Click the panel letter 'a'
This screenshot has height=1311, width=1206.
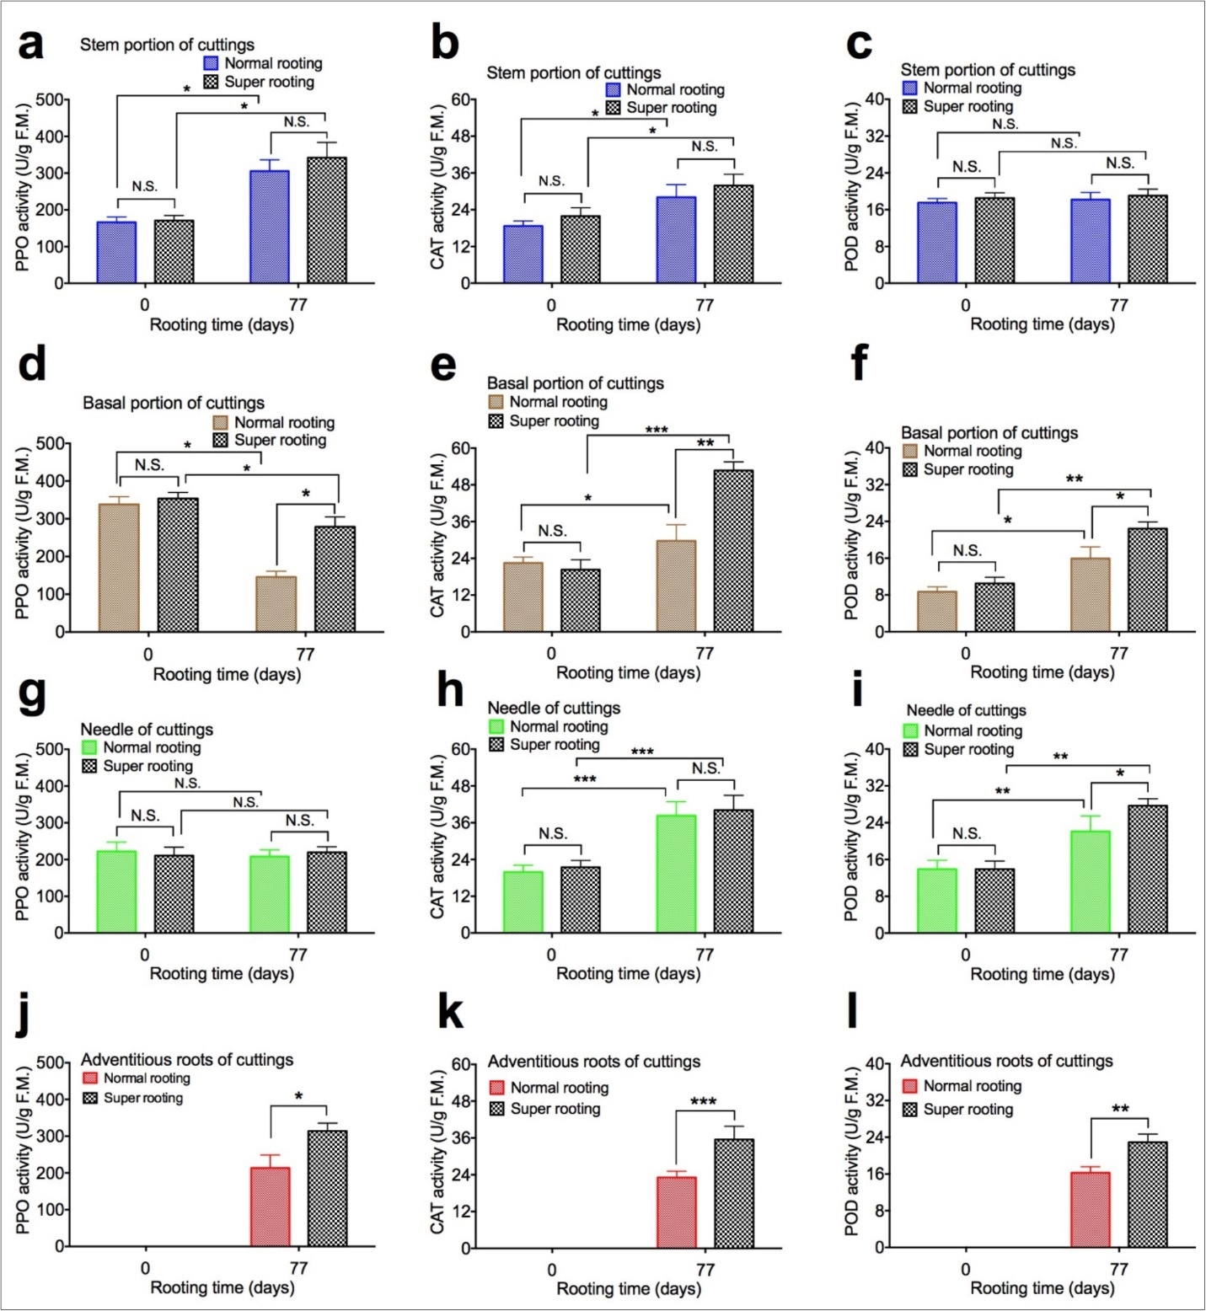[x=31, y=44]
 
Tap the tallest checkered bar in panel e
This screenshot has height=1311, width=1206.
[x=733, y=551]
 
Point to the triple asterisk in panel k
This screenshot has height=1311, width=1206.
[x=703, y=1102]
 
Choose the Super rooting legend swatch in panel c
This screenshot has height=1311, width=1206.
[x=910, y=107]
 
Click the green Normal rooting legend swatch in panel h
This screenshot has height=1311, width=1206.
[x=496, y=727]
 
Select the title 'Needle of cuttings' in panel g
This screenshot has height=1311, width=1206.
[x=147, y=730]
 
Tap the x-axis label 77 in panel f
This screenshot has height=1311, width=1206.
[x=1118, y=653]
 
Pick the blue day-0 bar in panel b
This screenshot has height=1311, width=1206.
[x=523, y=254]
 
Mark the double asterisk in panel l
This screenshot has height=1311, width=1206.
[x=1120, y=1109]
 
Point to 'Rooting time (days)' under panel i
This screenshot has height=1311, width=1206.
[x=1042, y=974]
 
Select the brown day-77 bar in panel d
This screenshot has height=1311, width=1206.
[x=276, y=604]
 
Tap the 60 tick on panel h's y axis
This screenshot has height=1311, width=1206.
[x=460, y=749]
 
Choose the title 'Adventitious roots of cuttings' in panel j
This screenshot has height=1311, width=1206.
[x=187, y=1060]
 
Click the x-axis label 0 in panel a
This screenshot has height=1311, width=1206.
[x=145, y=304]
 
